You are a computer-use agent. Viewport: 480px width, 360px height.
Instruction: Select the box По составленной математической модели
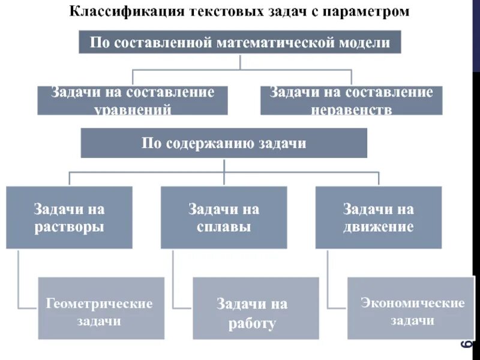240,43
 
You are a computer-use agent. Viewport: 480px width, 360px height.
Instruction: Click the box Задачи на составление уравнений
133,100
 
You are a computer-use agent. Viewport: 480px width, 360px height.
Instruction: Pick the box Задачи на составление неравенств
351,100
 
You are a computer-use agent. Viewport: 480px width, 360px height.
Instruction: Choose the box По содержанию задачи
224,143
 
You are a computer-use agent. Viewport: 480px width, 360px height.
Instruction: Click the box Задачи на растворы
69,217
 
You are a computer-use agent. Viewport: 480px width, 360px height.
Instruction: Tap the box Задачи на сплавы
224,217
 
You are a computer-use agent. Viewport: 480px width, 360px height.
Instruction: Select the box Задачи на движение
378,217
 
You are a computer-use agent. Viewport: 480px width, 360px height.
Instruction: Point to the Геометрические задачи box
101,307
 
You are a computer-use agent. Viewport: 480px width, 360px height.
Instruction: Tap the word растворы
69,227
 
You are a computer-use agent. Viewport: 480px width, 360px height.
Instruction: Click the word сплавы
224,227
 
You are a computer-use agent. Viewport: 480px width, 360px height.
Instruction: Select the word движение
378,227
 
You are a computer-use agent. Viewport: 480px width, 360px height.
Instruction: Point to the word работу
252,325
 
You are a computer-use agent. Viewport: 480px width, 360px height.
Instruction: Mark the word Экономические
413,303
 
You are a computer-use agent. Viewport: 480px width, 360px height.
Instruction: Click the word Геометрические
100,304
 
